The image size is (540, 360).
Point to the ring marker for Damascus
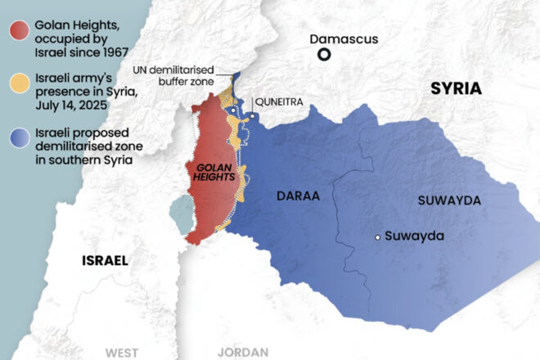325,55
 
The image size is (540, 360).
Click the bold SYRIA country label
456,89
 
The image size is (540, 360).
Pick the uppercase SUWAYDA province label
449,200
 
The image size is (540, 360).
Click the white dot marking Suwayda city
377,236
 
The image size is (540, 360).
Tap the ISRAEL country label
105,261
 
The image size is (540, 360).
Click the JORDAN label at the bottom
243,352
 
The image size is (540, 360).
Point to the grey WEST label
121,352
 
